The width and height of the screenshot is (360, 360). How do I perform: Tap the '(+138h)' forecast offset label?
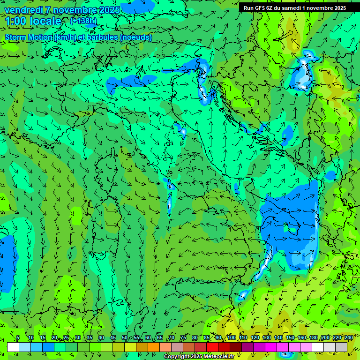84,21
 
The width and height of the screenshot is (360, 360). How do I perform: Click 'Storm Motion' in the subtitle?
29,37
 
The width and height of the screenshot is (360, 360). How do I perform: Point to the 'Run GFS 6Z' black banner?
295,8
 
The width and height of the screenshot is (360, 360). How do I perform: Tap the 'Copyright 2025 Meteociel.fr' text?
199,357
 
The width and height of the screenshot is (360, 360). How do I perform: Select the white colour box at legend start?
13,347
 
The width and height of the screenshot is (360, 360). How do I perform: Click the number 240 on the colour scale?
348,337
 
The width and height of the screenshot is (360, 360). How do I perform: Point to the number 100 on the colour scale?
232,337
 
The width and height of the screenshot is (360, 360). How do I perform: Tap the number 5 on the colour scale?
18,337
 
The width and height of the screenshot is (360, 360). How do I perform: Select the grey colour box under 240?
341,347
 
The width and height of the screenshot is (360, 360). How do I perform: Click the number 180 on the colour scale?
313,337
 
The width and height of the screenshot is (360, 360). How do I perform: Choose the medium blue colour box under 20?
48,347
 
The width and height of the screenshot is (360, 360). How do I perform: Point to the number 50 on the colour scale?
124,337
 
